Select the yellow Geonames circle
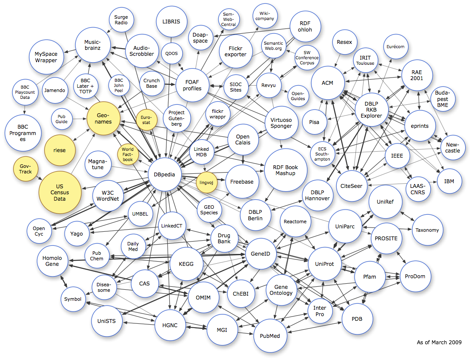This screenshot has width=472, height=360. pos(103,118)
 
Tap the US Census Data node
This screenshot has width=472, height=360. pos(60,193)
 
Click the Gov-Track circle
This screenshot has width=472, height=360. pos(25,168)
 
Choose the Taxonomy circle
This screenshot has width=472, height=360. pos(427,230)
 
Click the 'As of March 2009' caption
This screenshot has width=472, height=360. pos(438,342)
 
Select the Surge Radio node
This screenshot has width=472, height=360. pos(121,20)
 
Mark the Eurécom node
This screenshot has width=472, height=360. pos(395,46)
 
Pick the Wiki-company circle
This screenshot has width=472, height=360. pos(266,18)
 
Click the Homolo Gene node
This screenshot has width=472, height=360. pos(52,261)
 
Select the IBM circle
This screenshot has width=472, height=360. pos(449,181)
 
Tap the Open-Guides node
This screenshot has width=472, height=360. pos(298,96)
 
